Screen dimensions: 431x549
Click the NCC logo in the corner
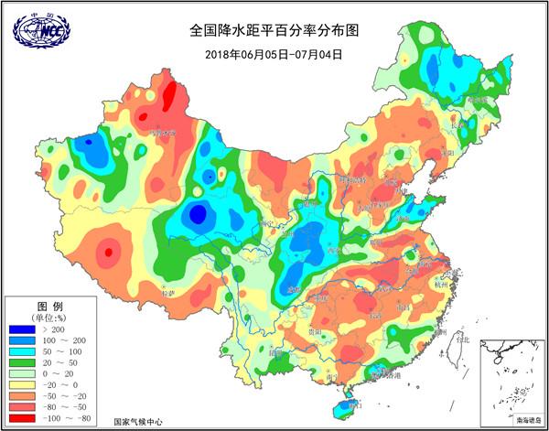(41, 30)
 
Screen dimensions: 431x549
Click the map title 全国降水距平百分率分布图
(274, 30)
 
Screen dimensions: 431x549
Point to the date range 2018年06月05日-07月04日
(274, 54)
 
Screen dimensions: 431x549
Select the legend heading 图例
(48, 305)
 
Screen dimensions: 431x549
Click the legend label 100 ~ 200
(60, 339)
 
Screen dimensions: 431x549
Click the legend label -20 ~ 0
(60, 386)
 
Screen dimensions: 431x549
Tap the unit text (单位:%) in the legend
(48, 316)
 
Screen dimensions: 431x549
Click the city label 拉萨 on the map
(167, 295)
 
